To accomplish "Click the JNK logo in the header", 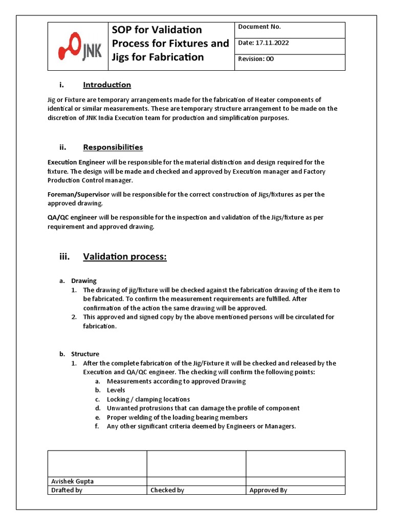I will (x=80, y=47).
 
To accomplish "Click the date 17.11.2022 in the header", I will (x=263, y=43).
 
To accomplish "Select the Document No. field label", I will (x=259, y=27).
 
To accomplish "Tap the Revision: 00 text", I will (x=256, y=59).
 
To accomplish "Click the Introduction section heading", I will (x=107, y=85).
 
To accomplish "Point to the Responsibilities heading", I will (x=113, y=148).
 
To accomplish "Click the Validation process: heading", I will (x=125, y=257).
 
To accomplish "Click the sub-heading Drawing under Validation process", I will (x=83, y=281).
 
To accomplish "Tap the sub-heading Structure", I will (x=85, y=354).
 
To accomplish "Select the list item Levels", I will (x=116, y=390).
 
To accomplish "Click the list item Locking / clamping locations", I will (x=148, y=399).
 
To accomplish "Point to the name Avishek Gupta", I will (x=72, y=481).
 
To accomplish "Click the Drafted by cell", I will (x=67, y=490).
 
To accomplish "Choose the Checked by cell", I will (x=167, y=490).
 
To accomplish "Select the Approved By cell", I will (x=268, y=490).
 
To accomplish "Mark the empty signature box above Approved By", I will (x=295, y=463).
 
